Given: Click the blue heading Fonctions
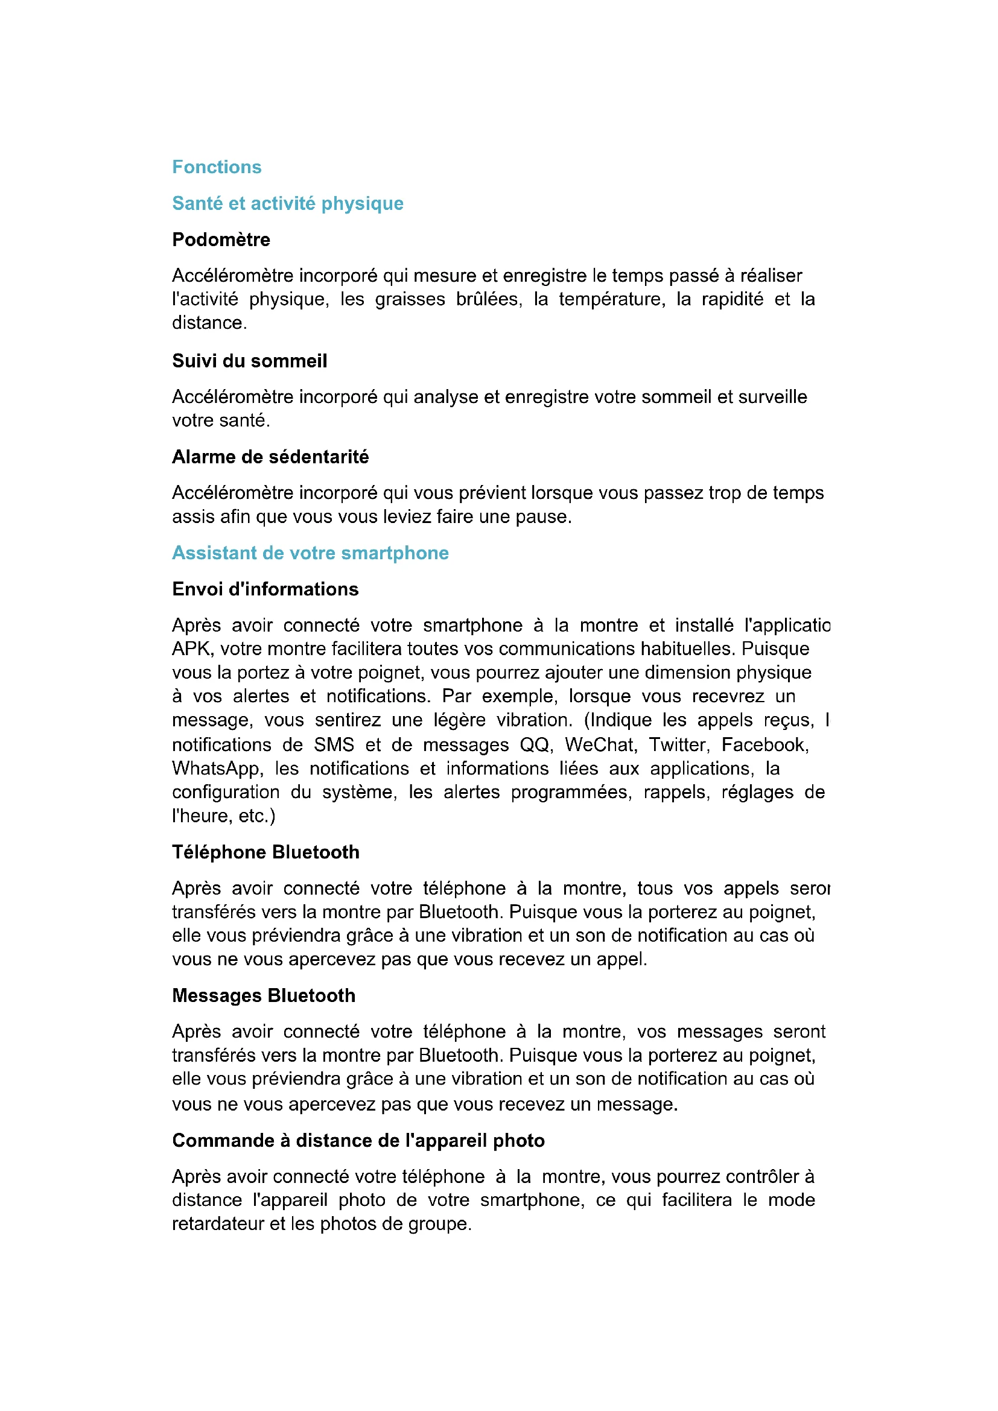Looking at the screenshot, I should point(217,167).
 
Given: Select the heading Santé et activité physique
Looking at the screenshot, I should point(288,203).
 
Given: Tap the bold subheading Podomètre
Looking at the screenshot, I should point(221,239).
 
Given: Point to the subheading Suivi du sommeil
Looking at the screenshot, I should point(249,361).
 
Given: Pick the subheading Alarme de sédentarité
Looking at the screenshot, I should point(270,457).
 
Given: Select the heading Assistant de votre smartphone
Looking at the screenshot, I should point(310,553).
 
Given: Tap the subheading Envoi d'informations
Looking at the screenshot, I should point(265,589).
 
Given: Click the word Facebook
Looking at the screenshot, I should point(764,745).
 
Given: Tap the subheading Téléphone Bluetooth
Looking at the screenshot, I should point(265,852).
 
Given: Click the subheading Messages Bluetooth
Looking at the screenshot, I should point(264,995).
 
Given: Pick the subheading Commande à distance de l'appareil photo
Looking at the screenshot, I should point(358,1141).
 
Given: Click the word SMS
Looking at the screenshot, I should point(334,745).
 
